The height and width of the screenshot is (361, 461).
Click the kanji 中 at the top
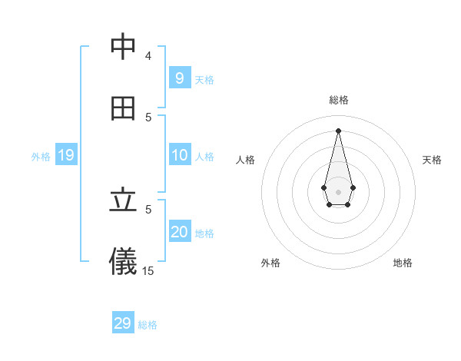(123, 48)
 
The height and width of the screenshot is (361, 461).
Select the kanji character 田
(123, 108)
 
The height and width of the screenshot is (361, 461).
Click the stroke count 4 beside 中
(148, 55)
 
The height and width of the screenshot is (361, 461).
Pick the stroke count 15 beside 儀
(148, 270)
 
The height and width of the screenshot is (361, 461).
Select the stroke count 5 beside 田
(149, 117)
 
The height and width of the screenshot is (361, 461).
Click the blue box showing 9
(179, 78)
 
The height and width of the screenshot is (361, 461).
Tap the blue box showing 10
(180, 155)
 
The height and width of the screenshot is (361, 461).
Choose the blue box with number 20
(180, 232)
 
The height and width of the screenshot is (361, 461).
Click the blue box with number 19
(65, 155)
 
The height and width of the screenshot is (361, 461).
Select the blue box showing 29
(122, 323)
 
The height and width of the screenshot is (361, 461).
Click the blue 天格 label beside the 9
(204, 79)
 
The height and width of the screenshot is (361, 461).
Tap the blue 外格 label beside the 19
(41, 156)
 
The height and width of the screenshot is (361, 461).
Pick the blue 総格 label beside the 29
(148, 325)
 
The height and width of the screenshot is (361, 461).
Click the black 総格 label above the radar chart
(338, 100)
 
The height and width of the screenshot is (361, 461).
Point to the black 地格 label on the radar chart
(403, 263)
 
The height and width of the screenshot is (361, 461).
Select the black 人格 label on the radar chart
(246, 160)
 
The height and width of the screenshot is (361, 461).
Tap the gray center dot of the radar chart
(338, 191)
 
